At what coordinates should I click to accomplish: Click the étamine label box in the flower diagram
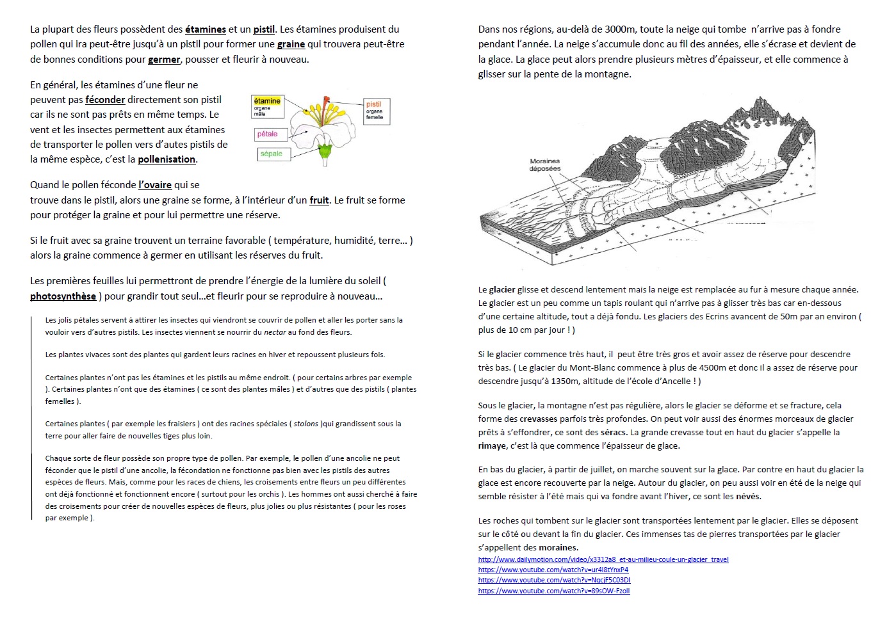click(267, 106)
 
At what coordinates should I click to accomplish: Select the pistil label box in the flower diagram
click(375, 110)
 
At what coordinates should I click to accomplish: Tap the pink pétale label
click(268, 134)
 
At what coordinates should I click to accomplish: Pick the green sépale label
click(272, 154)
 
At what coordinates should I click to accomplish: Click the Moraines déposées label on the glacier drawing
click(545, 165)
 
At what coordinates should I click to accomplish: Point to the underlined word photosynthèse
click(63, 296)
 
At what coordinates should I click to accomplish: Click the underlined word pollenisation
click(167, 159)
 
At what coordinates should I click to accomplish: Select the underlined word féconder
click(105, 100)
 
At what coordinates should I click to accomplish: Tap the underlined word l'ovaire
click(155, 185)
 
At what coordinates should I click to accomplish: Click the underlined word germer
click(164, 60)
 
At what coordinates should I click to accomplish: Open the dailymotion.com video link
click(603, 559)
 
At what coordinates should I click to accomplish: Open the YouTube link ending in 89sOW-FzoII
click(553, 591)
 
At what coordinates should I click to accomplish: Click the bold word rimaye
click(492, 446)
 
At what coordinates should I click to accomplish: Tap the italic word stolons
click(306, 424)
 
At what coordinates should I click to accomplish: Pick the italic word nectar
click(275, 332)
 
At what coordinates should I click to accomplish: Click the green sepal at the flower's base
click(325, 152)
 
